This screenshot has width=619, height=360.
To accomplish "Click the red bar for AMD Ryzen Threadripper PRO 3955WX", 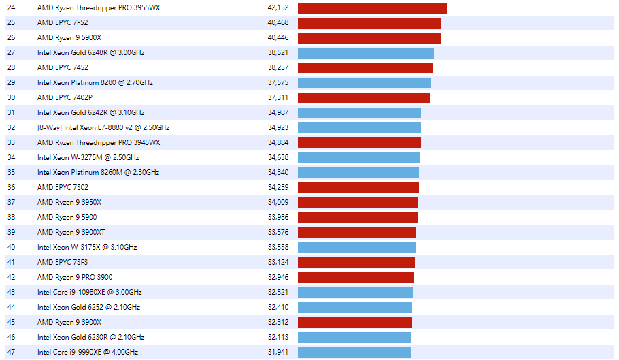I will coord(372,7).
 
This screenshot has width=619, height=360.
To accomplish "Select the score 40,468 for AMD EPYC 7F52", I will coord(278,22).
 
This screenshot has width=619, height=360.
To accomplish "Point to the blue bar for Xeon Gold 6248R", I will coord(365,52).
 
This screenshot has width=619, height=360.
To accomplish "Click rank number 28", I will coord(11,67).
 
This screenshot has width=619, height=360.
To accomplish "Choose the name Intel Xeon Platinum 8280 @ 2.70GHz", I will coord(95,82).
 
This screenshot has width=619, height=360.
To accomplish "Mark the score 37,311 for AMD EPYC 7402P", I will coord(278,97).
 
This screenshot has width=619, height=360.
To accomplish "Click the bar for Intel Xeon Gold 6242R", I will coord(359,112).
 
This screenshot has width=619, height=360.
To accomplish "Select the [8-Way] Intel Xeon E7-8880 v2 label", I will coord(103,127).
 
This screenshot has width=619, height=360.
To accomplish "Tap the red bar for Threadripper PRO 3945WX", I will coord(359,142).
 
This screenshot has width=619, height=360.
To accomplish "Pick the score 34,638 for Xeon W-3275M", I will coord(278,157).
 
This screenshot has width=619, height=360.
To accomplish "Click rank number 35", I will coord(11,172).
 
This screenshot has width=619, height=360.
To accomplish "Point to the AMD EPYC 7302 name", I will coord(63,187).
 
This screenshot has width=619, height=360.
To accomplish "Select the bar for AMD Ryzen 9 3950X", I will coord(358,202).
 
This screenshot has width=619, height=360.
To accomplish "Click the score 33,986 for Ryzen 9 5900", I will coord(278,217).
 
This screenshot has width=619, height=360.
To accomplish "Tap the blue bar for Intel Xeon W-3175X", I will coord(356,247).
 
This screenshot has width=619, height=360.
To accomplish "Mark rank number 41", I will coord(11,262).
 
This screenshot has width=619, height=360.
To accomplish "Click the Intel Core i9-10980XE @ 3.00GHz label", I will coord(90,292).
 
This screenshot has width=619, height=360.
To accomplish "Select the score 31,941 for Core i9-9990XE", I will coord(278,352).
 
